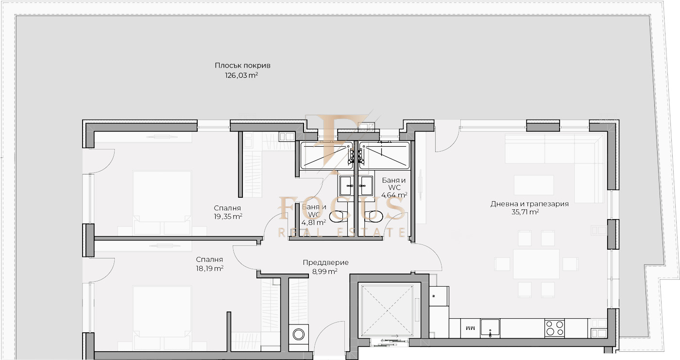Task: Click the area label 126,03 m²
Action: tap(241, 75)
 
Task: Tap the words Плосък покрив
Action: tap(242, 65)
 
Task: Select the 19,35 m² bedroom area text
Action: tap(228, 216)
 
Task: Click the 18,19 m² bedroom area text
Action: tap(210, 268)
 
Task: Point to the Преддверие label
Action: tap(326, 262)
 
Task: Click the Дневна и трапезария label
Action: tap(529, 204)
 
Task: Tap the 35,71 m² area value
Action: tap(525, 212)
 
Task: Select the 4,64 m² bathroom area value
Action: tap(394, 195)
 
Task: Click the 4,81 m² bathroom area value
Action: tap(314, 223)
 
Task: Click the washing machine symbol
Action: tap(299, 335)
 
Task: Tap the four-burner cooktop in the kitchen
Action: tap(554, 328)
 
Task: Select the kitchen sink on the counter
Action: tap(490, 328)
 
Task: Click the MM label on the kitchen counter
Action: tap(470, 328)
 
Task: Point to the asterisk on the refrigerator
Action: tap(433, 296)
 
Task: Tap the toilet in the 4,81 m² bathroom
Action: tap(339, 215)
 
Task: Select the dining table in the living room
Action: tap(536, 264)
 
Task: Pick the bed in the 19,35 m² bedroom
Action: tap(162, 203)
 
